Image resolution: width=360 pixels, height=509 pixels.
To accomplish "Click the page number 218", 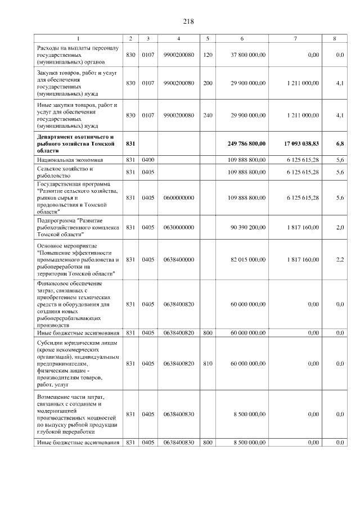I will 188,21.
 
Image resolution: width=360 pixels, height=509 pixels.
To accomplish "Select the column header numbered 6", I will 242,38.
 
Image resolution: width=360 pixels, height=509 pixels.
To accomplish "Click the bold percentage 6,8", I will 340,144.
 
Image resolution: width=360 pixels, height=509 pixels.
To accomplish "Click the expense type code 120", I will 208,55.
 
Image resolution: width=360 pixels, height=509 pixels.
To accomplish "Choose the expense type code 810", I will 208,364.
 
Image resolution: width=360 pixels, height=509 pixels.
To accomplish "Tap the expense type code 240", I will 208,115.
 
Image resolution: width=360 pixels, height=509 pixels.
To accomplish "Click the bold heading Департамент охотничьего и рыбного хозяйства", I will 75,144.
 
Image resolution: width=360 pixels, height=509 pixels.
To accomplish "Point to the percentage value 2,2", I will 340,259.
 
